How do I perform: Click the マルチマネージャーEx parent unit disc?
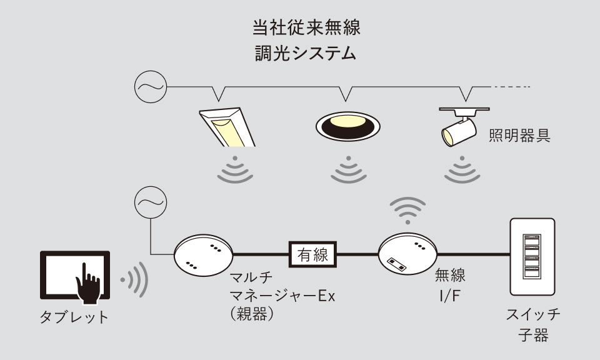[x=204, y=256]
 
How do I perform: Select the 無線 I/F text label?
[x=451, y=282]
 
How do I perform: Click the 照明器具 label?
[x=519, y=136]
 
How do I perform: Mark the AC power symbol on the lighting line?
[x=149, y=87]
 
